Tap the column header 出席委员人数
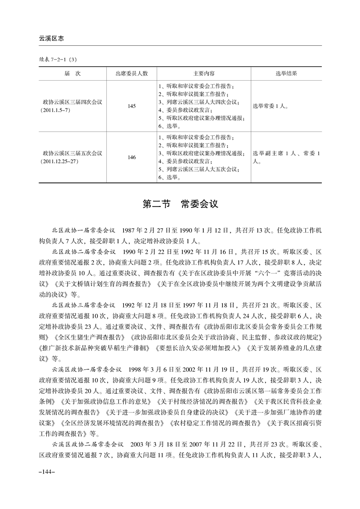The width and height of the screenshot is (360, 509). coord(132,73)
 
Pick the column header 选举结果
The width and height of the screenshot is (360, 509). coord(286,73)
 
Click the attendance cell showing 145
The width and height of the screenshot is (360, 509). coord(132,106)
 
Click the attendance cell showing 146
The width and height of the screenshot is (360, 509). coord(132,157)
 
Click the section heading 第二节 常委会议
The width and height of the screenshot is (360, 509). coord(180,204)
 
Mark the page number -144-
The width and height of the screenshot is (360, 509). coord(47,472)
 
